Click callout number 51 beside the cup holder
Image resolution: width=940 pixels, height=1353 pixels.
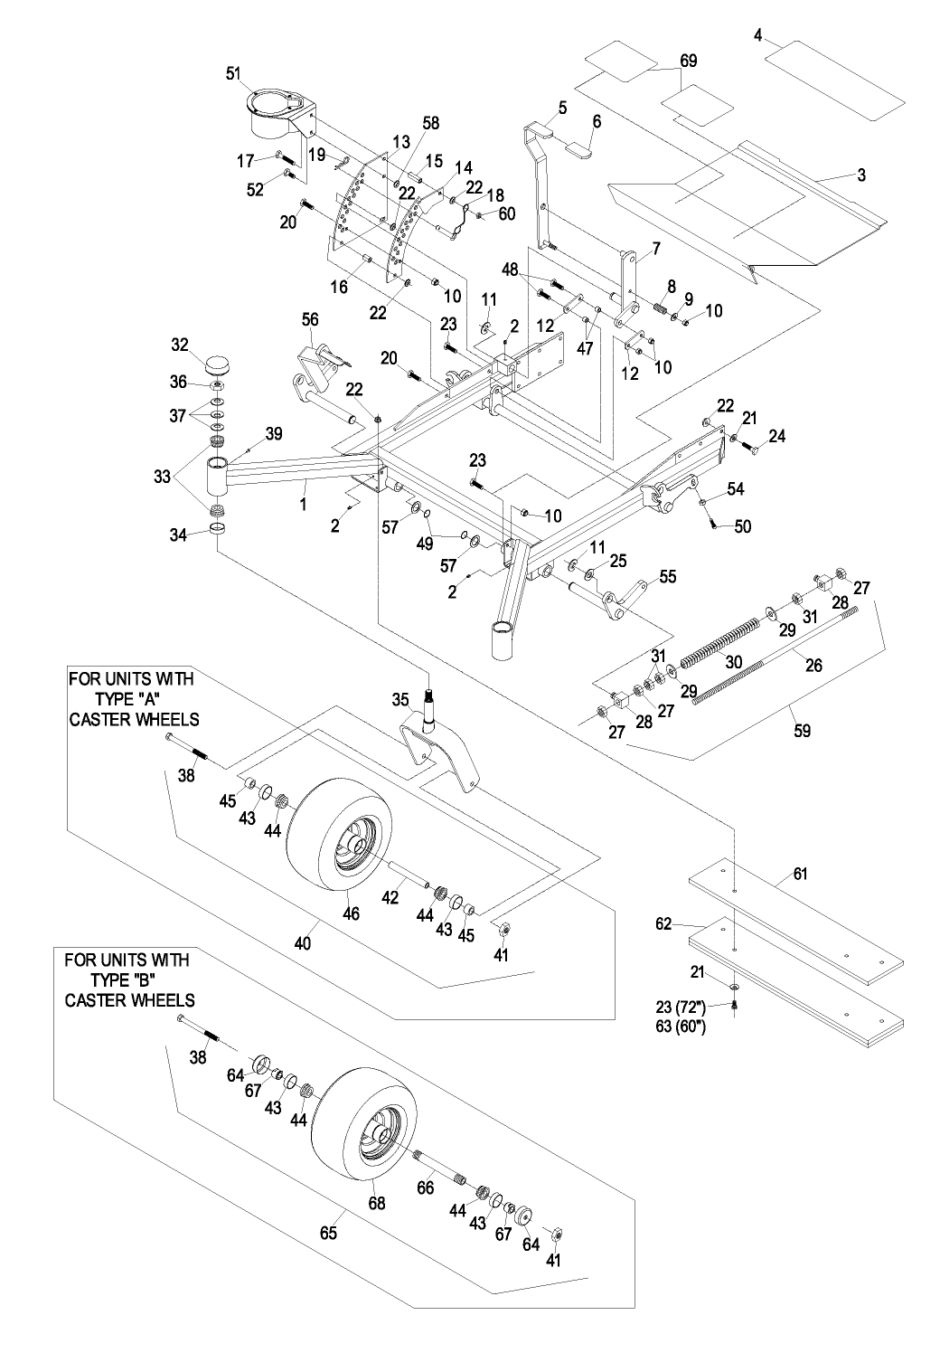pyautogui.click(x=232, y=74)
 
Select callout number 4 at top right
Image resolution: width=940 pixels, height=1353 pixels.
pyautogui.click(x=758, y=35)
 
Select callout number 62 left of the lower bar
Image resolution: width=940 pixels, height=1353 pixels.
pyautogui.click(x=664, y=924)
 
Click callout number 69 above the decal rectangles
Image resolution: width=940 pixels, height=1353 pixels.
pyautogui.click(x=689, y=61)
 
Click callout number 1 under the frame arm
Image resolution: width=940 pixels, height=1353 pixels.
pyautogui.click(x=304, y=497)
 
